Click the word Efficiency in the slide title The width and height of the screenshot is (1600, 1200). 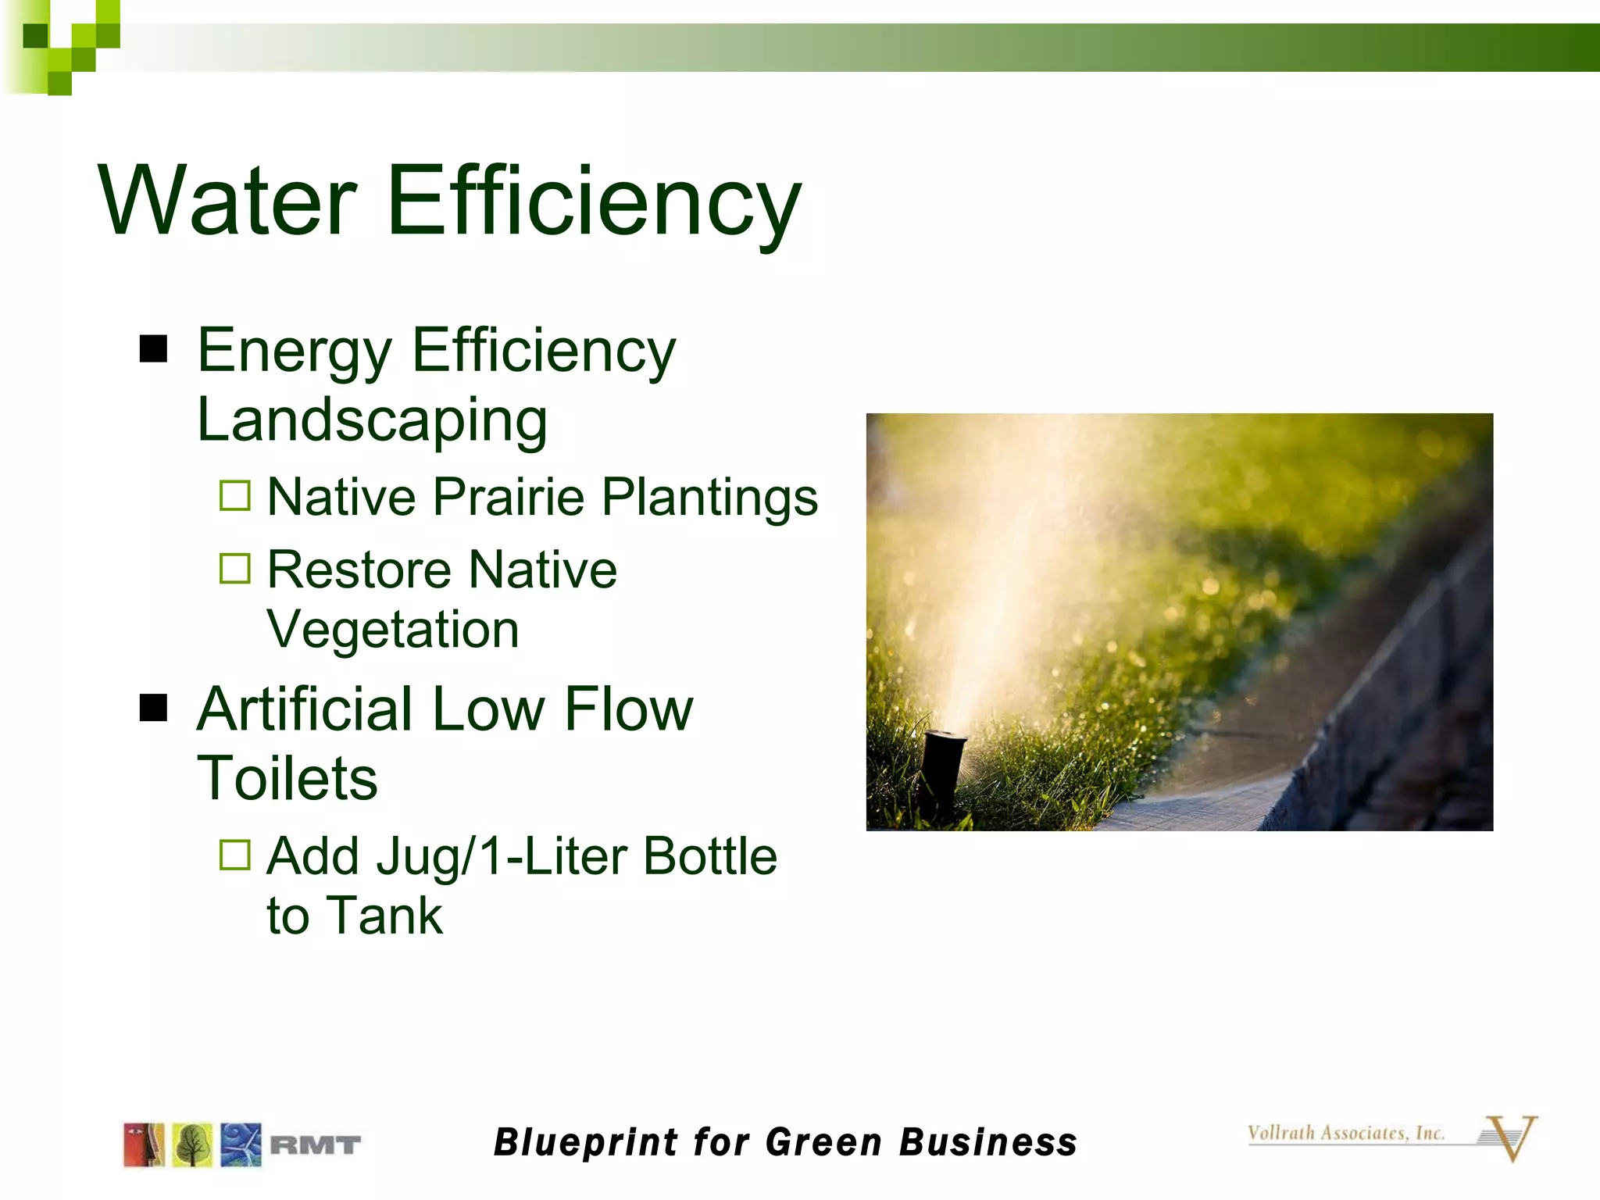click(x=594, y=202)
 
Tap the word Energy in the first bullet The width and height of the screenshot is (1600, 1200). click(x=295, y=352)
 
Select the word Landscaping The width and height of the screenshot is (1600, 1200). click(x=372, y=420)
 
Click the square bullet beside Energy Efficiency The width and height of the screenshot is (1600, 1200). click(x=154, y=349)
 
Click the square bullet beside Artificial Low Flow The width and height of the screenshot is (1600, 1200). click(x=154, y=709)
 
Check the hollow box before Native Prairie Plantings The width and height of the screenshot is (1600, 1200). click(x=235, y=495)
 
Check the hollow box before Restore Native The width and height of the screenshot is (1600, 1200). click(x=235, y=569)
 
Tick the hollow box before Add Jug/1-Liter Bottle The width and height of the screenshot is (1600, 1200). click(x=235, y=855)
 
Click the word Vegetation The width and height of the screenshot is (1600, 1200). click(x=393, y=630)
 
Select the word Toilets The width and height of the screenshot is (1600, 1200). click(x=287, y=779)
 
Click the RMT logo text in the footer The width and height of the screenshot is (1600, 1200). click(x=316, y=1145)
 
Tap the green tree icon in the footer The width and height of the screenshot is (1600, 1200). click(x=192, y=1145)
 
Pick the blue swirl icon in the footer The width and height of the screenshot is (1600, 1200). click(x=241, y=1145)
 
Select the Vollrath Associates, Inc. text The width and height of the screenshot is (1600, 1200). click(x=1346, y=1133)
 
